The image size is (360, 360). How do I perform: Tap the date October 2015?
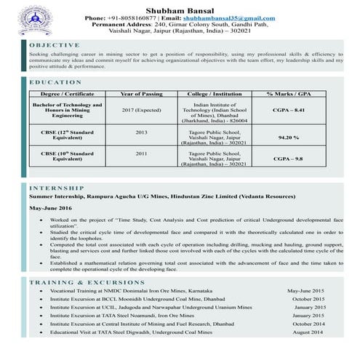308,299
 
